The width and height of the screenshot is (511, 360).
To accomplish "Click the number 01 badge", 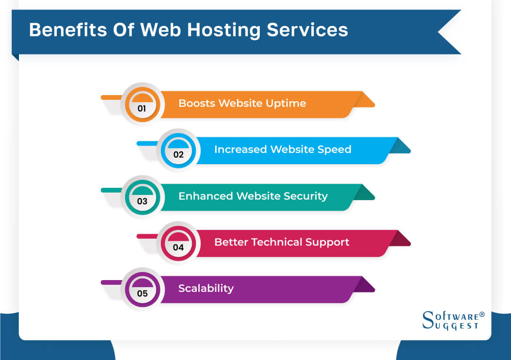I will tap(142, 108).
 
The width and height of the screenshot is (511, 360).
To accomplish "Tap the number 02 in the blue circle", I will tap(178, 154).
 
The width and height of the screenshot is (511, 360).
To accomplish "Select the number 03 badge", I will tap(142, 201).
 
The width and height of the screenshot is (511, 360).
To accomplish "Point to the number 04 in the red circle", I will tap(178, 247).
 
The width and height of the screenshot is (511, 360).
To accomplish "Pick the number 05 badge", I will tap(142, 293).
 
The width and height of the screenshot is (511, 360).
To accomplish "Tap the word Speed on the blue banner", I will tap(330, 149).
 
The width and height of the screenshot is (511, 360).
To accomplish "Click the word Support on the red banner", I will tap(327, 242).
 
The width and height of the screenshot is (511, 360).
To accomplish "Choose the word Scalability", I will tap(206, 289).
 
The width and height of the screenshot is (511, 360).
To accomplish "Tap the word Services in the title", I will tap(307, 30).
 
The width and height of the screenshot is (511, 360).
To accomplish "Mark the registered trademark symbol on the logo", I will tap(482, 314).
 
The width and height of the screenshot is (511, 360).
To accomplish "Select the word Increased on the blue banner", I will tap(240, 149).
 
